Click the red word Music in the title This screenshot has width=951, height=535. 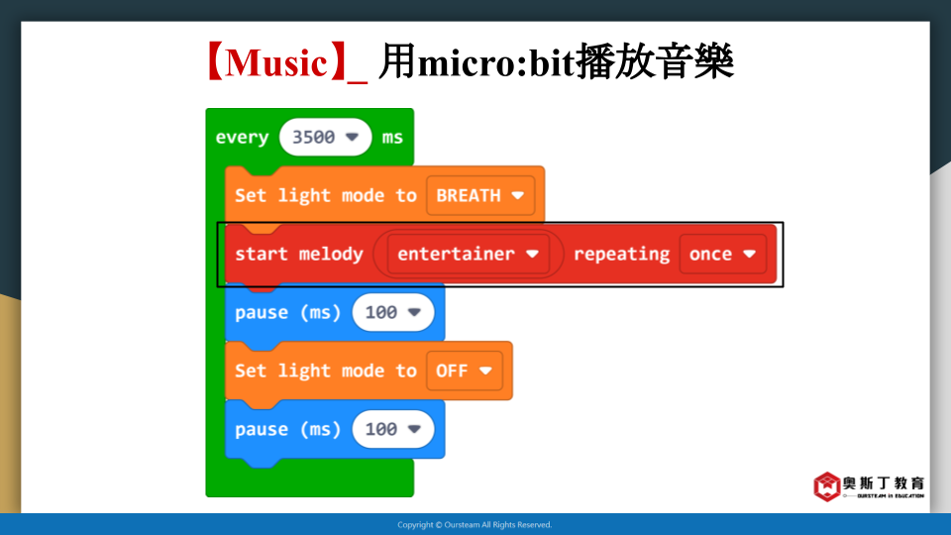tap(276, 62)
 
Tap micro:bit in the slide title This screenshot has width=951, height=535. tap(495, 62)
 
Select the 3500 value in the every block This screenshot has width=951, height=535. tap(325, 137)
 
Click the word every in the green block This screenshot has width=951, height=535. tap(242, 138)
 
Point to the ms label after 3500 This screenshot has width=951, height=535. tap(392, 138)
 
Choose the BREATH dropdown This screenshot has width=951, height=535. tap(480, 195)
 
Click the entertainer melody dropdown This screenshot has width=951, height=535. tap(468, 254)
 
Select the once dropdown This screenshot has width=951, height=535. tap(722, 254)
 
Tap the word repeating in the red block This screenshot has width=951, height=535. tap(621, 255)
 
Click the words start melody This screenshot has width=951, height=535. tap(299, 255)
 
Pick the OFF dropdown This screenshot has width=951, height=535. tap(464, 371)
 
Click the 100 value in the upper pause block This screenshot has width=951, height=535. tap(393, 312)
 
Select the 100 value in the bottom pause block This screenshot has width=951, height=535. tap(393, 429)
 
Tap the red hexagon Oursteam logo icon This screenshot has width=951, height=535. tap(826, 486)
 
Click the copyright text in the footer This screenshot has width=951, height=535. tap(475, 525)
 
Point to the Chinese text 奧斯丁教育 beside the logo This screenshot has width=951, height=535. tap(884, 482)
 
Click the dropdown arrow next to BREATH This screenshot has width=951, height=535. tap(517, 195)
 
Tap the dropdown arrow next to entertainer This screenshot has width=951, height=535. tap(532, 254)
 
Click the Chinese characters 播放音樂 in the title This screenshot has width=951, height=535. tap(655, 61)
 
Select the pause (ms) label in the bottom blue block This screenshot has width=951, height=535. tap(288, 429)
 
